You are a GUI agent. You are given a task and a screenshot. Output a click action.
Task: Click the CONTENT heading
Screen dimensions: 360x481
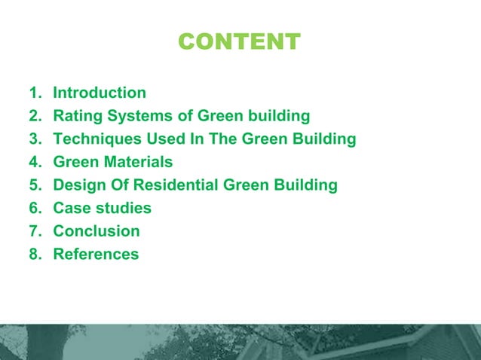[x=239, y=41]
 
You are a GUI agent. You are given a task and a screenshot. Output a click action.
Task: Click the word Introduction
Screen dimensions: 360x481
[x=100, y=93]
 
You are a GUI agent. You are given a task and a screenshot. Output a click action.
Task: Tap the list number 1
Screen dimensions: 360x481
[x=33, y=93]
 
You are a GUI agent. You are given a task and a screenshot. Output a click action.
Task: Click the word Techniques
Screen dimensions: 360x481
[x=96, y=139]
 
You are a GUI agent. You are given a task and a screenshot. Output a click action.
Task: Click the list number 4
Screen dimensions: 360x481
[x=34, y=162]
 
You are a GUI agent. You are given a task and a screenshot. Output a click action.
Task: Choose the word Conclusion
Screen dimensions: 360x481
[x=97, y=231]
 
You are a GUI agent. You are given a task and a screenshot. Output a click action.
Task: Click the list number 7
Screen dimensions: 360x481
[x=34, y=231]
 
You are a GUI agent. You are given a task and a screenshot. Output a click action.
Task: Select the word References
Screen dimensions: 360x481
[x=96, y=254]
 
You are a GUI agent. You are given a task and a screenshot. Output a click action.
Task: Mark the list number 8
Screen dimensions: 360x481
[x=34, y=254]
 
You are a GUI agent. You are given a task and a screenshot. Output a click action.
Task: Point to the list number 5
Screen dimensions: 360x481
[x=34, y=185]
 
